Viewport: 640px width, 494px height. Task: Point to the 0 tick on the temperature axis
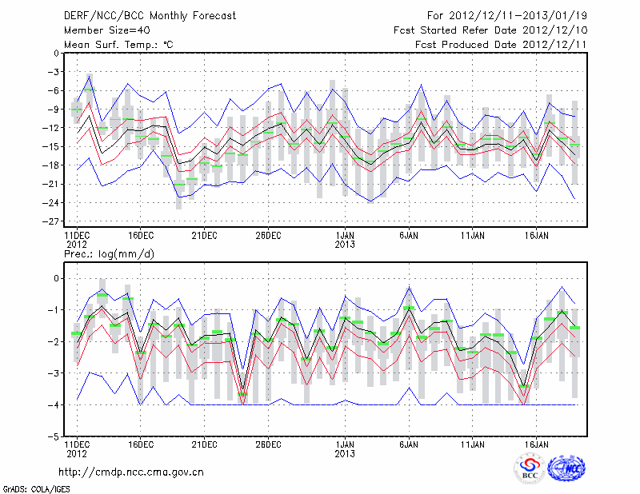[56, 54]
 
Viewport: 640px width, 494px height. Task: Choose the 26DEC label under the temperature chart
[268, 235]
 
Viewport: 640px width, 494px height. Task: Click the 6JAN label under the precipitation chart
[409, 443]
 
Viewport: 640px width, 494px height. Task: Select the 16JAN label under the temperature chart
[537, 235]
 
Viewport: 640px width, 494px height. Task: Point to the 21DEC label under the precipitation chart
[204, 443]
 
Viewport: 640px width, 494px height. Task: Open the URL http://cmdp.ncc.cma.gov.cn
[131, 472]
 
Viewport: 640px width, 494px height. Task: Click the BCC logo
[530, 469]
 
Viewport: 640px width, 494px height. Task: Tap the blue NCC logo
[566, 469]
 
